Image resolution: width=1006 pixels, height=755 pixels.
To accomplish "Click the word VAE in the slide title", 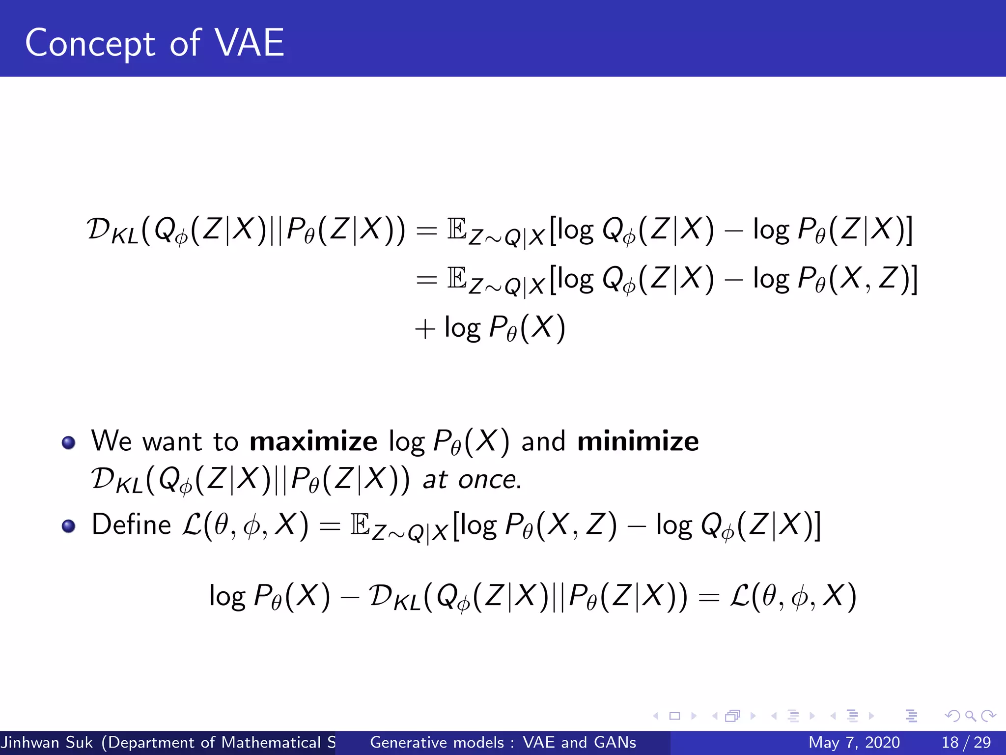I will [x=250, y=43].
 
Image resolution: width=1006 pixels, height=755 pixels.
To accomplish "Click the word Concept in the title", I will [x=90, y=44].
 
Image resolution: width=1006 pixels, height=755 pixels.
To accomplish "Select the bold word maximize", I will [x=313, y=441].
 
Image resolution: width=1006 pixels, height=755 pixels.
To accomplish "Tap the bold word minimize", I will [x=638, y=441].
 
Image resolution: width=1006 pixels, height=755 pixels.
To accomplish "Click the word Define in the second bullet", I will [x=131, y=524].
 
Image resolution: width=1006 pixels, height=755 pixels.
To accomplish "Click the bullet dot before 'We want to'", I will [x=69, y=442].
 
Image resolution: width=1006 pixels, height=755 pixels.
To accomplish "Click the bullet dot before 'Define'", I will [x=69, y=526].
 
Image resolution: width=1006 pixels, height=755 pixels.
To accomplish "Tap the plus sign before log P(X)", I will [x=425, y=329].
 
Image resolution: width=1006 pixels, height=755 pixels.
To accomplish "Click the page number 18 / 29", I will [x=966, y=742].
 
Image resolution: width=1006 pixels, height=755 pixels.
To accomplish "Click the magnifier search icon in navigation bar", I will [x=970, y=716].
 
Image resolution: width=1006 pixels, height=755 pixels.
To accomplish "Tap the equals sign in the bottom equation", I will [x=708, y=598].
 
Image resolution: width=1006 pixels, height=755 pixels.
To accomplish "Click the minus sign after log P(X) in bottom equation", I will [x=349, y=598].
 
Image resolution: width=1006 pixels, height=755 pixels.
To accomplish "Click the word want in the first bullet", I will [x=172, y=441].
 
